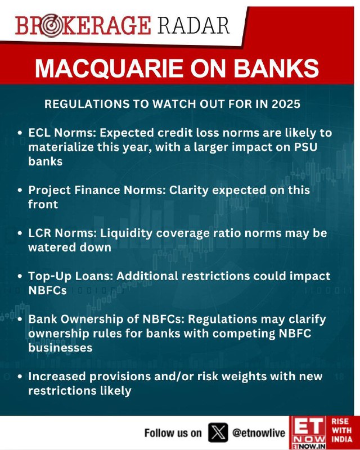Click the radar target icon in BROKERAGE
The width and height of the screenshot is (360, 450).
[x=52, y=26]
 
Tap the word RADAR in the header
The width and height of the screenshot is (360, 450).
[x=193, y=25]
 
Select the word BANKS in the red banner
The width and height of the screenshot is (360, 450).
[x=276, y=68]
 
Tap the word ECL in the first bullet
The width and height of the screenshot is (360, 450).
[x=39, y=133]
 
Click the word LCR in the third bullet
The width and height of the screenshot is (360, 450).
[x=39, y=233]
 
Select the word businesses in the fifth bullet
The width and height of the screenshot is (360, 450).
[x=60, y=348]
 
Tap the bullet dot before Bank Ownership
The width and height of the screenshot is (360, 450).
[x=20, y=319]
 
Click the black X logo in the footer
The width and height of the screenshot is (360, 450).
[x=218, y=432]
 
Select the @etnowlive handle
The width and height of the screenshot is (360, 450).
[x=259, y=433]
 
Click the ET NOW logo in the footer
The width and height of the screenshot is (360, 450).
[x=308, y=433]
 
